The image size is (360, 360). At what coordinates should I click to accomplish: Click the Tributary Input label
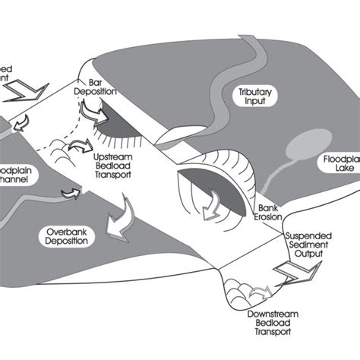(x=254, y=96)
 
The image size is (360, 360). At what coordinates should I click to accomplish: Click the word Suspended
(x=310, y=236)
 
